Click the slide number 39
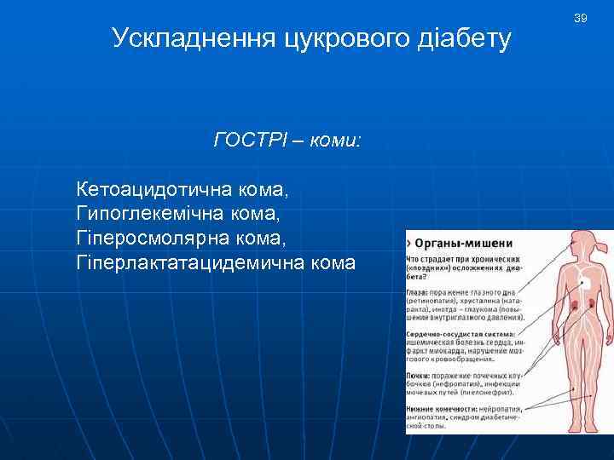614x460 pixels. [581, 18]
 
